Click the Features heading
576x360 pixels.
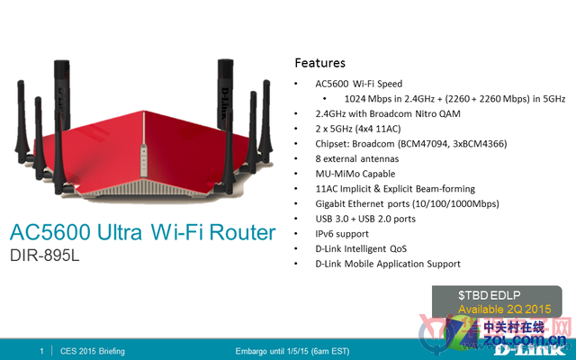pyautogui.click(x=320, y=63)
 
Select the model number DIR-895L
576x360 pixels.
pyautogui.click(x=44, y=256)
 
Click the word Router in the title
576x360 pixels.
pyautogui.click(x=242, y=232)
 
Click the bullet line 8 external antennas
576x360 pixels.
pyautogui.click(x=357, y=158)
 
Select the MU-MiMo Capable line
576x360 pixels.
pyautogui.click(x=355, y=174)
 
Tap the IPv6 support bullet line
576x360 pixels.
pyautogui.click(x=342, y=234)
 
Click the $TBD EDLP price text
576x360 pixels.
pyautogui.click(x=489, y=295)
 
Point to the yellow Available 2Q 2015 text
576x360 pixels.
pyautogui.click(x=504, y=309)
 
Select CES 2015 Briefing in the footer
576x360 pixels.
pyautogui.click(x=92, y=351)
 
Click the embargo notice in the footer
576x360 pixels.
pyautogui.click(x=292, y=351)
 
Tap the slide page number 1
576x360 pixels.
pyautogui.click(x=41, y=351)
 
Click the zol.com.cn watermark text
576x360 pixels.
pyautogui.click(x=525, y=339)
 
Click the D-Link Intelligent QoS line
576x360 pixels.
pyautogui.click(x=361, y=249)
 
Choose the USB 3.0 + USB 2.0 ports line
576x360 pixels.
pyautogui.click(x=365, y=219)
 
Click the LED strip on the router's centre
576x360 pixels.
pyautogui.click(x=143, y=160)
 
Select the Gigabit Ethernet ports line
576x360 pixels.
pyautogui.click(x=407, y=204)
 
